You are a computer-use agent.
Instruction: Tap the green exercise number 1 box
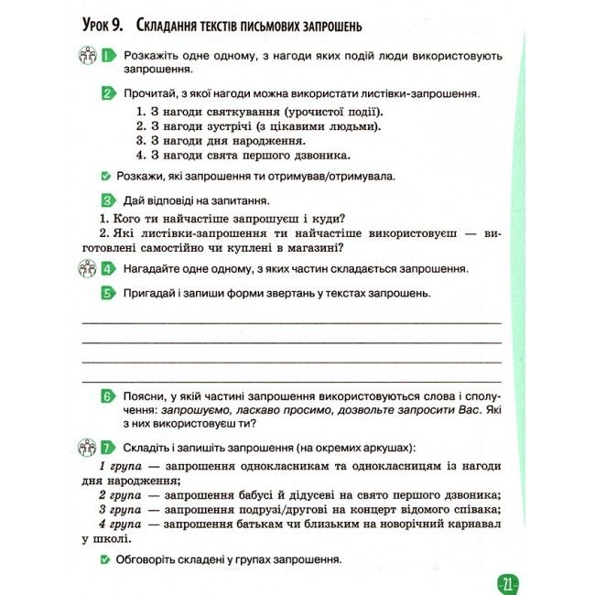point(108,57)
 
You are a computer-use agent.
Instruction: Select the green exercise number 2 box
point(108,93)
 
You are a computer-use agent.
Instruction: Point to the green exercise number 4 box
point(108,269)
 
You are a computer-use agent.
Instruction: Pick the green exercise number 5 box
point(108,293)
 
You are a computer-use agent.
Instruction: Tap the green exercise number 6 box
point(108,396)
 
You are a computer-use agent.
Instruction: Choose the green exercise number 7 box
point(108,448)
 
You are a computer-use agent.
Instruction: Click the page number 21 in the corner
point(508,583)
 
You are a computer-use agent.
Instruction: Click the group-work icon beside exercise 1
point(88,57)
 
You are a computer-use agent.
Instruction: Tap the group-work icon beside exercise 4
point(88,269)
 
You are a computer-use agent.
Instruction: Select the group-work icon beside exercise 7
point(88,448)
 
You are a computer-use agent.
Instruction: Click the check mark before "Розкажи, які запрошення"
point(107,175)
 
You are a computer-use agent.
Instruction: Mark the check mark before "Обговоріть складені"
point(107,558)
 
